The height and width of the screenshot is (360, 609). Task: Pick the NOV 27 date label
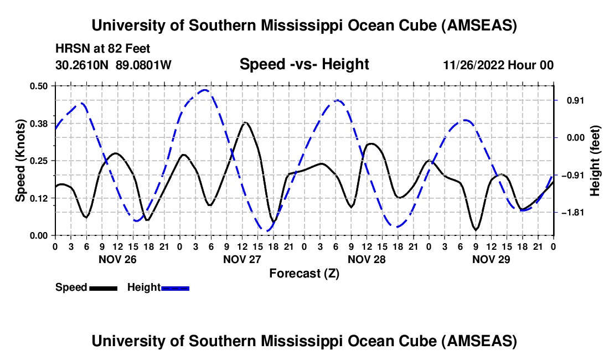(x=241, y=259)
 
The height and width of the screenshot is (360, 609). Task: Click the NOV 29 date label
(x=491, y=259)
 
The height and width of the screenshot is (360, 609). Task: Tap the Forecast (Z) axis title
(x=304, y=273)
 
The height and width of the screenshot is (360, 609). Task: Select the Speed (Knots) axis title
(x=20, y=161)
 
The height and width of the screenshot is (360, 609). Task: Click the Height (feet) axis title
(x=595, y=161)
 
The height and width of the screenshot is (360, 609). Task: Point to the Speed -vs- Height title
(x=304, y=64)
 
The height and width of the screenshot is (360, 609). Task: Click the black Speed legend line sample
(x=103, y=288)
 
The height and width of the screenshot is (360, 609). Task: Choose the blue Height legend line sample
(x=175, y=288)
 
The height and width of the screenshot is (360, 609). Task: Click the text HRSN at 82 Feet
(x=103, y=49)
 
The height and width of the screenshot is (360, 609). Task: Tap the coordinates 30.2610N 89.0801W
(x=113, y=65)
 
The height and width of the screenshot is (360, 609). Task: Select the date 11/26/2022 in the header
(x=476, y=65)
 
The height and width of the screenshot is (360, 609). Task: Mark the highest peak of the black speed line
(x=245, y=122)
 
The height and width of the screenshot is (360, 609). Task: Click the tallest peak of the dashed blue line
(x=205, y=90)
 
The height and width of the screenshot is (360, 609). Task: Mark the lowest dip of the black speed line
(x=476, y=229)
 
